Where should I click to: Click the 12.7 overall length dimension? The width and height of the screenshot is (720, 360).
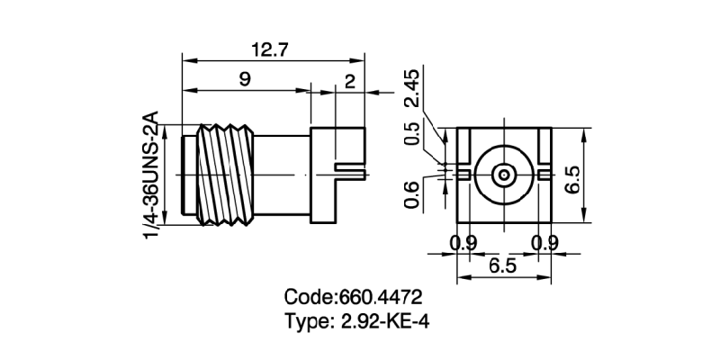coord(269,51)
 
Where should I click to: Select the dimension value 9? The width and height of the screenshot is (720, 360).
coord(244,80)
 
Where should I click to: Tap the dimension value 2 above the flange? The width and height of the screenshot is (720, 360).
coord(350,80)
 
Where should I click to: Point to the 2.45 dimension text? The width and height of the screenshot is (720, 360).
coord(412,91)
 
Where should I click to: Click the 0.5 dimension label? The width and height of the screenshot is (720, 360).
coord(412,133)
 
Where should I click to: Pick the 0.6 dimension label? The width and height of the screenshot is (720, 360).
coord(412,194)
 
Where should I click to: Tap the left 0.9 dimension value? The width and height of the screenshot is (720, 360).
coord(463,242)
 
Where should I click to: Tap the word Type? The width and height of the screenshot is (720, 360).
coord(307,321)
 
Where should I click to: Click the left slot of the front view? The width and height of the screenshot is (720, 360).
coord(463,171)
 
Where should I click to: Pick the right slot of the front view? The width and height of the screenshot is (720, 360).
coord(543,171)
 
